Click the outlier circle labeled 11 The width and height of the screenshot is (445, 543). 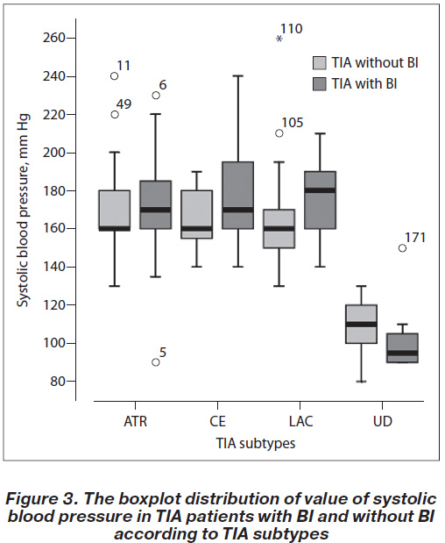pyautogui.click(x=115, y=76)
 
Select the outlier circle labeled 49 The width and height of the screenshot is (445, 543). pyautogui.click(x=115, y=114)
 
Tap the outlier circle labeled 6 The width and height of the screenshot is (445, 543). pyautogui.click(x=156, y=96)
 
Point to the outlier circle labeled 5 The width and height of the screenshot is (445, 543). pyautogui.click(x=156, y=362)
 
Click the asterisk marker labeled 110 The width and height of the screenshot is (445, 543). pyautogui.click(x=279, y=39)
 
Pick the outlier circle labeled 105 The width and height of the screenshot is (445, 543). pyautogui.click(x=279, y=133)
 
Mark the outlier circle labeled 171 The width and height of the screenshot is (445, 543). pyautogui.click(x=402, y=248)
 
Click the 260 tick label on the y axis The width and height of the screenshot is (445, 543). pyautogui.click(x=54, y=38)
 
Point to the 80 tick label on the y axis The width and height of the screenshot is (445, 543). pyautogui.click(x=58, y=382)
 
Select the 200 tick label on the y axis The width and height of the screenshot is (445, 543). pyautogui.click(x=54, y=153)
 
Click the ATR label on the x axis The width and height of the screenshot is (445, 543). pyautogui.click(x=136, y=421)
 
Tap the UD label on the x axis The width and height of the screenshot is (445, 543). pyautogui.click(x=383, y=421)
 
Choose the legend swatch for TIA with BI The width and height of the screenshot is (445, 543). pyautogui.click(x=320, y=84)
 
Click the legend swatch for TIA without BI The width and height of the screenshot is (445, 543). pyautogui.click(x=320, y=62)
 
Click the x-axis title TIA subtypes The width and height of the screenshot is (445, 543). pyautogui.click(x=256, y=444)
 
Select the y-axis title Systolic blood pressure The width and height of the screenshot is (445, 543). pyautogui.click(x=24, y=211)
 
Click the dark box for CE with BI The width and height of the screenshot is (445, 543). pyautogui.click(x=238, y=196)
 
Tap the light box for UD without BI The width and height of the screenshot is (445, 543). pyautogui.click(x=361, y=325)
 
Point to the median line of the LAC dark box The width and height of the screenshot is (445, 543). pyautogui.click(x=320, y=190)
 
